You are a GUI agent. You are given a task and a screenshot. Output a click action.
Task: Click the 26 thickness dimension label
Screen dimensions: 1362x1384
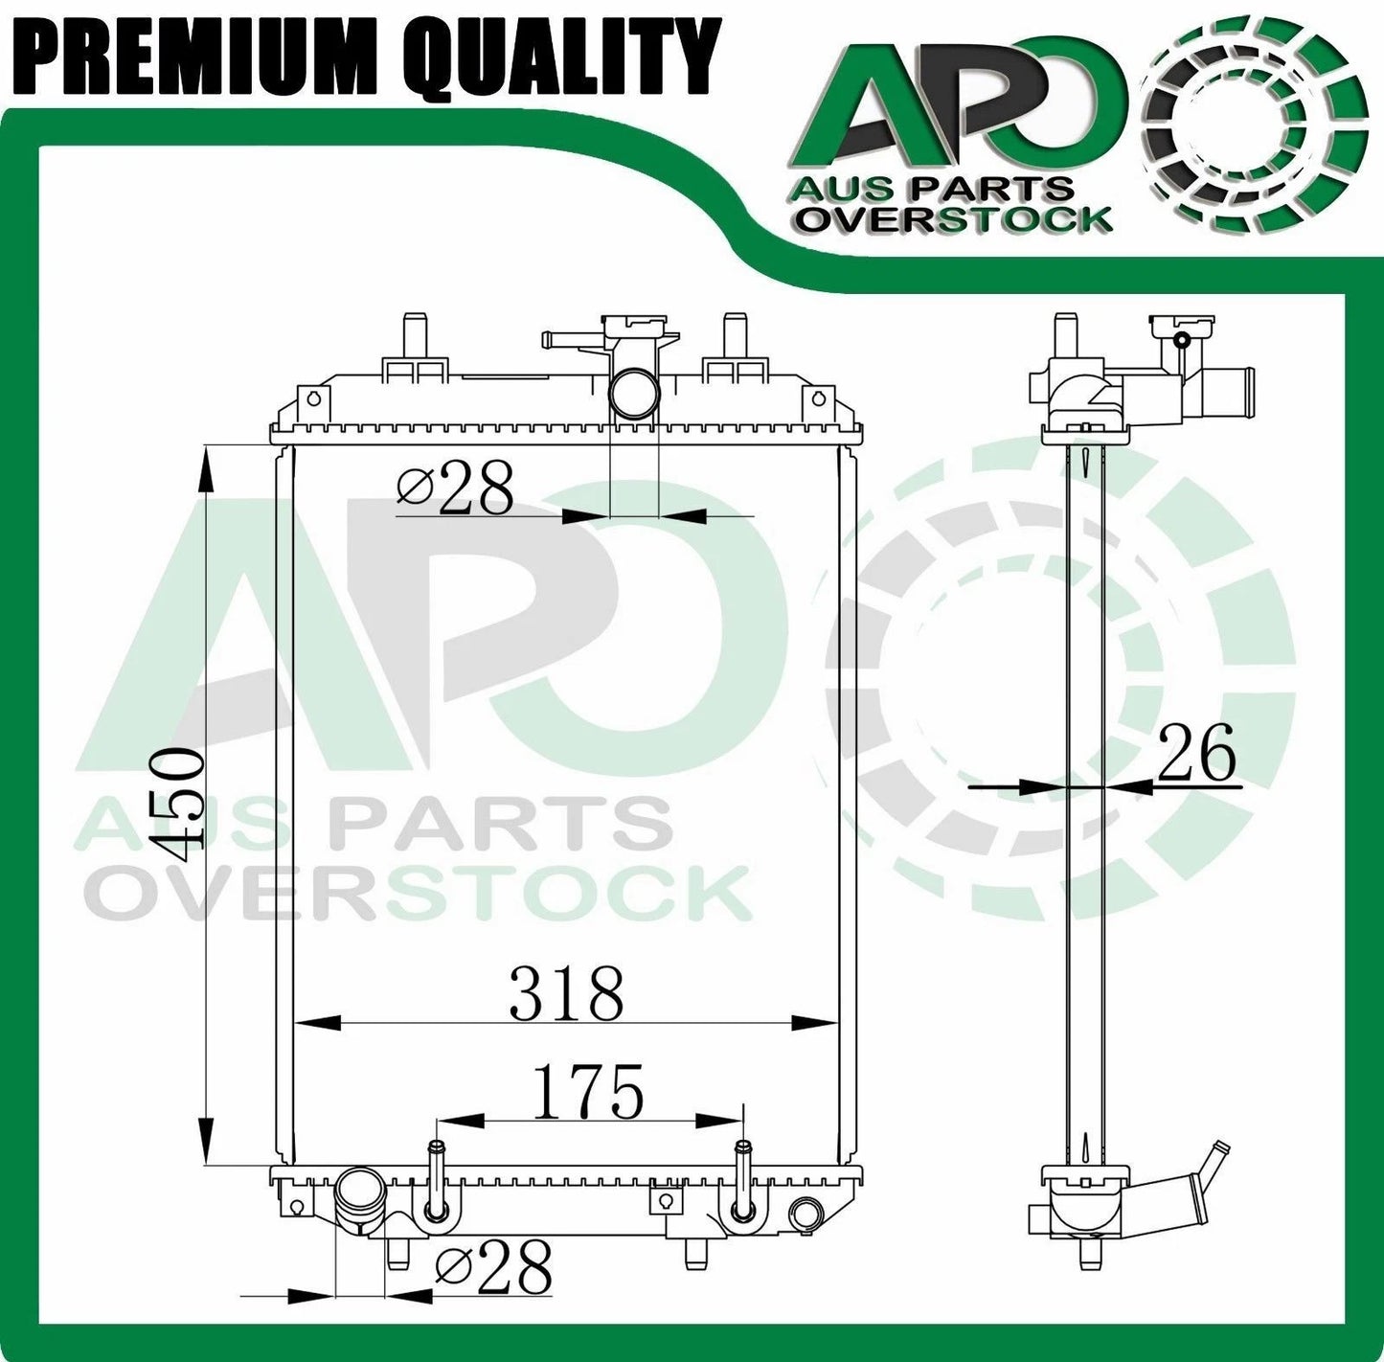1196,755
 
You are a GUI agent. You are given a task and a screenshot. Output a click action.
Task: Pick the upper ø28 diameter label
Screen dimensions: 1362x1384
456,488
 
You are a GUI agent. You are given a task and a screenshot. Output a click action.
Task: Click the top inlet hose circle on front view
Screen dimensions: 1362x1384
633,394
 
